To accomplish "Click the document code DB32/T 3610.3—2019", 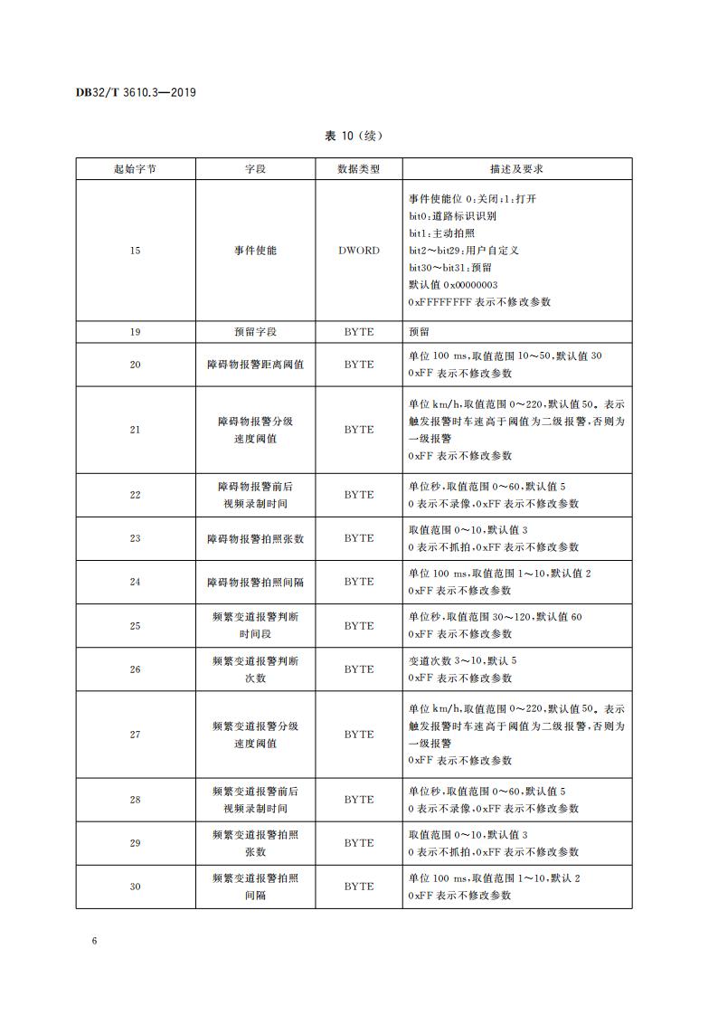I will pos(137,92).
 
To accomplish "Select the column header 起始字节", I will pos(135,169).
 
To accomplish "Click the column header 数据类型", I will pos(358,169).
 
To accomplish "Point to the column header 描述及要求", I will pos(516,169).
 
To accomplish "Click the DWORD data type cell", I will pos(358,251).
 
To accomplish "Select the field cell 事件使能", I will pos(255,251).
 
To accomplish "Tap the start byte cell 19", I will pos(135,332).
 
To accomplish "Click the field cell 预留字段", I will pos(255,332).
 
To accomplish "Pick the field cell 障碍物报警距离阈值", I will pos(255,365).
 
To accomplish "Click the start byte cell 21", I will pos(135,430).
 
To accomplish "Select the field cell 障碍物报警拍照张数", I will pos(255,538).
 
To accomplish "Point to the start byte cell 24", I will pos(135,582).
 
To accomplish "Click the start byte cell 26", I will pos(135,669).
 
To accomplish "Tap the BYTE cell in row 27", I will pos(358,735).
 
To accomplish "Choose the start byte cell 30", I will pos(135,887).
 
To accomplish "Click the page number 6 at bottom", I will pos(93,941).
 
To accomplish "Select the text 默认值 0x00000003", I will pos(453,285).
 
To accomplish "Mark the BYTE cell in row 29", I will pos(358,843).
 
